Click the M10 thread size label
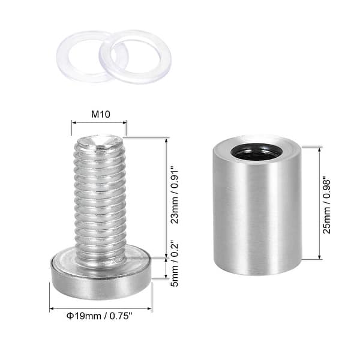coord(99,114)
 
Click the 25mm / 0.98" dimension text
coord(328,205)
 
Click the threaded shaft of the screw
coord(100,198)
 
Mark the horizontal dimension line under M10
coord(99,124)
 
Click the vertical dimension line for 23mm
coord(165,198)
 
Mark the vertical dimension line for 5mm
coord(165,268)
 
